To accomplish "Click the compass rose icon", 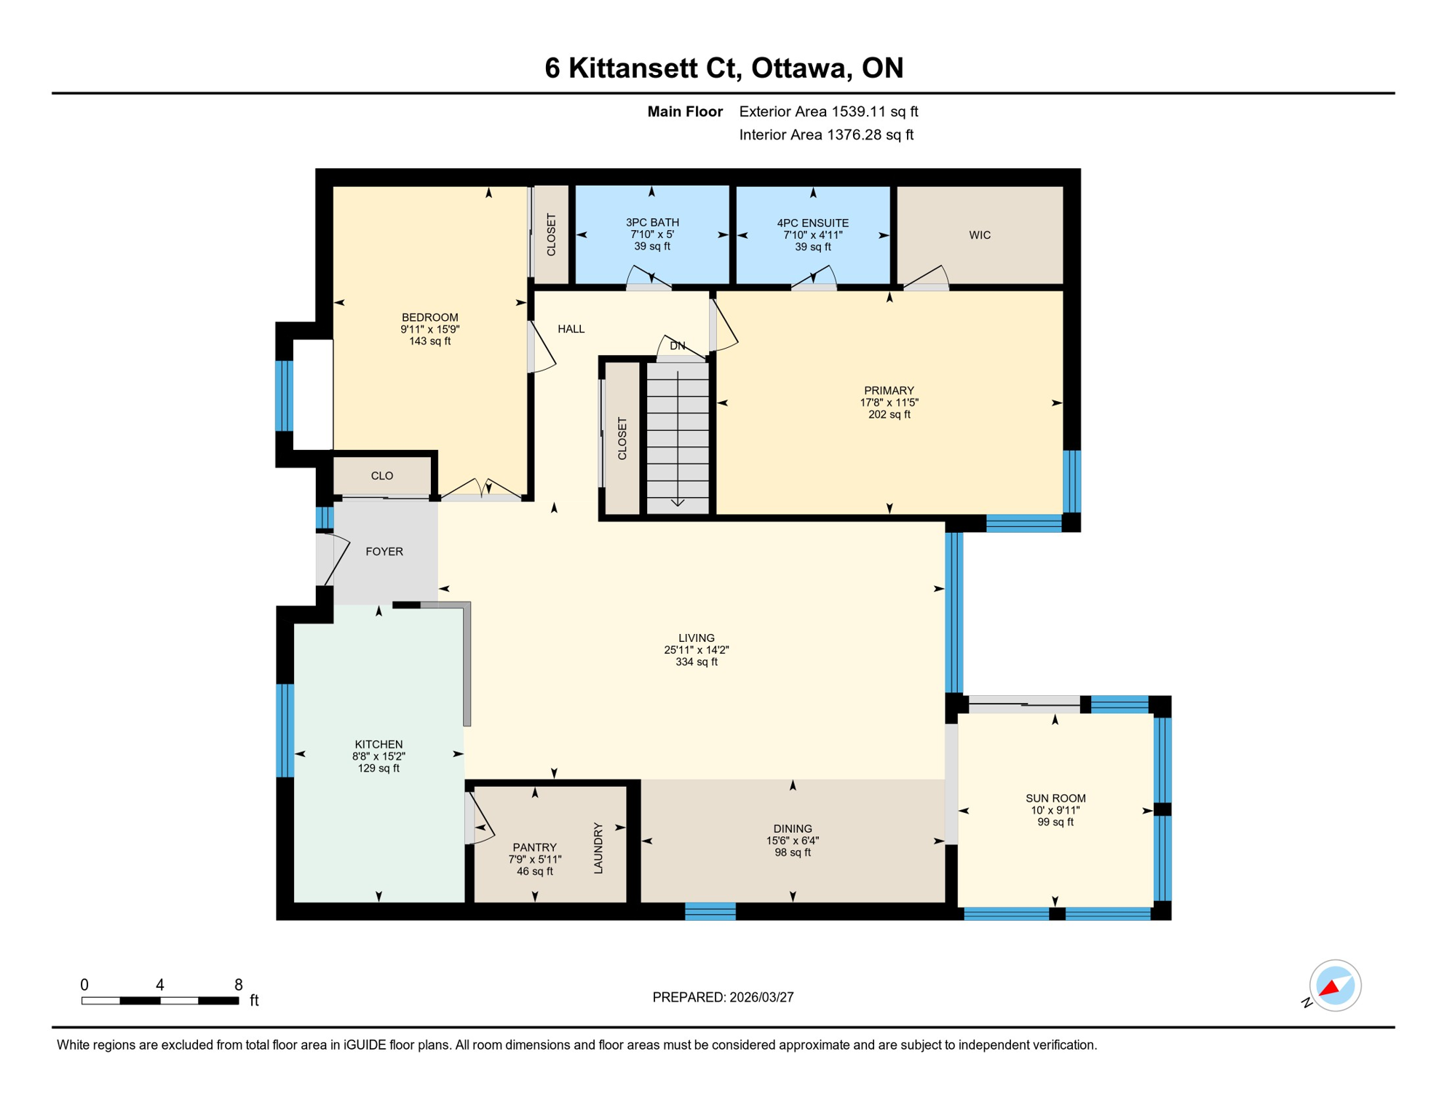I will pyautogui.click(x=1335, y=986).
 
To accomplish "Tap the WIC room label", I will pyautogui.click(x=980, y=235).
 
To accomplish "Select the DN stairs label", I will pyautogui.click(x=678, y=346).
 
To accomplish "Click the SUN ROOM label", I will pyautogui.click(x=1055, y=798).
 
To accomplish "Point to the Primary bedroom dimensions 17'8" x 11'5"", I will pyautogui.click(x=889, y=403).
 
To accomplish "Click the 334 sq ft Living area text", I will pyautogui.click(x=696, y=662).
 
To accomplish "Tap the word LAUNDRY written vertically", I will pyautogui.click(x=598, y=848).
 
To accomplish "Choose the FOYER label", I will pyautogui.click(x=384, y=552).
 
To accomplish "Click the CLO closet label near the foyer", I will pyautogui.click(x=382, y=476).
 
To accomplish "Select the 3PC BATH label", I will pyautogui.click(x=652, y=223).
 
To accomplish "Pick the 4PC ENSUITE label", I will pyautogui.click(x=812, y=223).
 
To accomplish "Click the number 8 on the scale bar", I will pyautogui.click(x=238, y=985).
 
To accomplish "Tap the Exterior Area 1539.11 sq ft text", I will pyautogui.click(x=828, y=111).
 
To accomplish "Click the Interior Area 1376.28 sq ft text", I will pyautogui.click(x=826, y=135).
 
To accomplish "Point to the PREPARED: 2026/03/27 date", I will pyautogui.click(x=723, y=997).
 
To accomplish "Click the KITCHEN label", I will pyautogui.click(x=378, y=744).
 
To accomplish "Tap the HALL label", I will pyautogui.click(x=571, y=329).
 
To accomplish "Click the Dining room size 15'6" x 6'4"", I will pyautogui.click(x=792, y=841).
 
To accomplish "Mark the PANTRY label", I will pyautogui.click(x=534, y=847).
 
